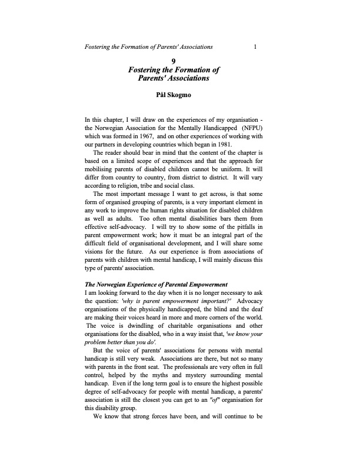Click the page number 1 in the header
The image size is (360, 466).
point(254,46)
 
